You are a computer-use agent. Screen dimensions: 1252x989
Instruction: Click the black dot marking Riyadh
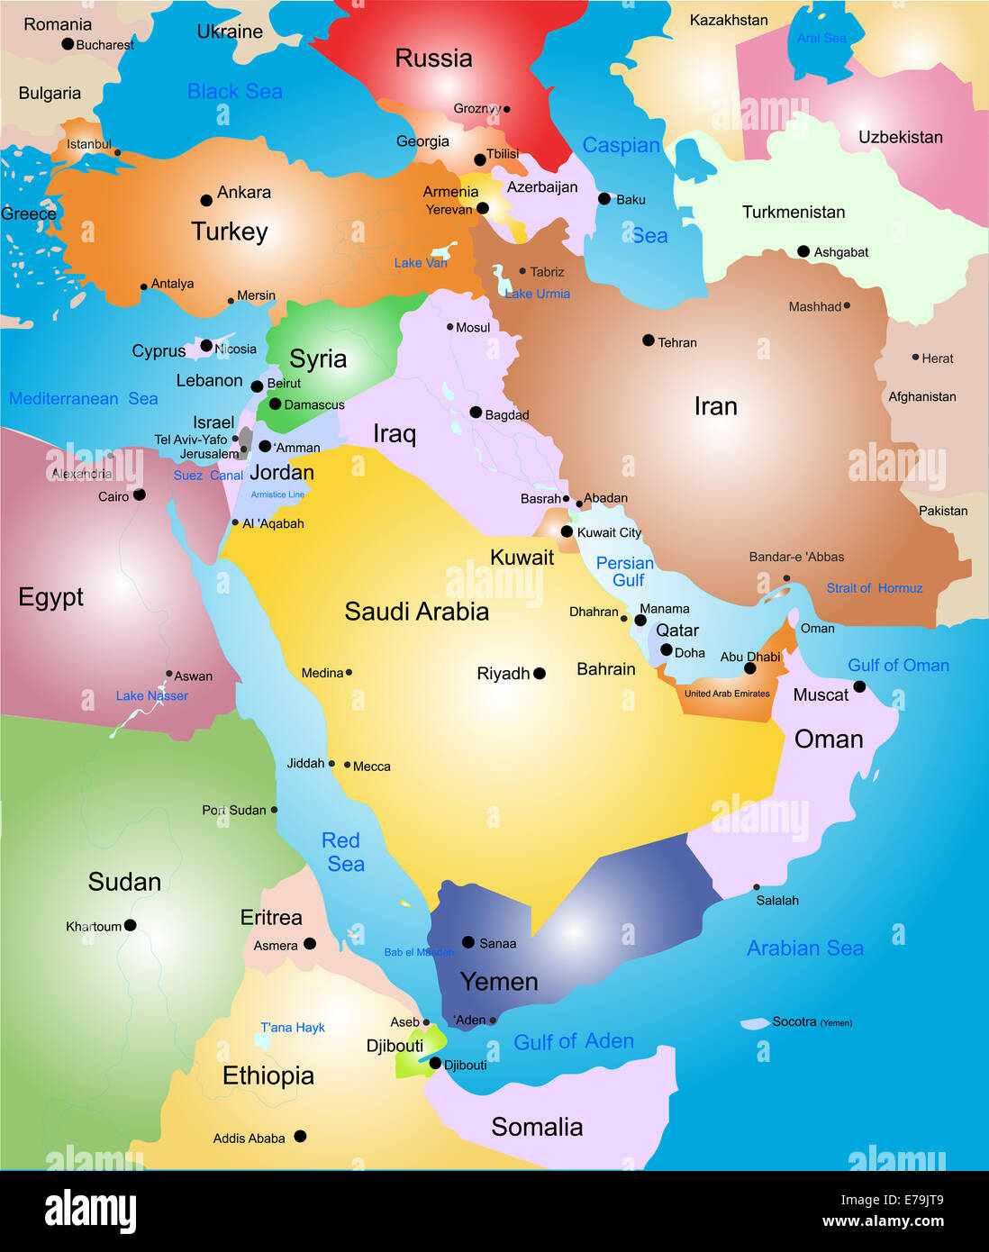click(540, 673)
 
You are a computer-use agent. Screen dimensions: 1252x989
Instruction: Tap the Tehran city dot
click(649, 340)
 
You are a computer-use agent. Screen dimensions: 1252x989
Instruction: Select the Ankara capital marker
click(206, 200)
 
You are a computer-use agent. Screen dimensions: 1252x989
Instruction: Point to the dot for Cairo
click(140, 494)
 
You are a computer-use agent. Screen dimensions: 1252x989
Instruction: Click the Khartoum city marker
click(131, 925)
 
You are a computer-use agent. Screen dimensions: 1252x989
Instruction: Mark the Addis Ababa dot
click(300, 1136)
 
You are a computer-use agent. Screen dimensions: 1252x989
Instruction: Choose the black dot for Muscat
click(859, 686)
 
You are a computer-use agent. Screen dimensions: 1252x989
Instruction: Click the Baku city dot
click(603, 198)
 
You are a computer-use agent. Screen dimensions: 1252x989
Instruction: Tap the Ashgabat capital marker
click(803, 251)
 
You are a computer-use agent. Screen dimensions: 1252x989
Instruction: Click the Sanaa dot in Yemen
click(468, 942)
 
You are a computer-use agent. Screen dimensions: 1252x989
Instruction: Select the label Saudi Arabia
click(416, 612)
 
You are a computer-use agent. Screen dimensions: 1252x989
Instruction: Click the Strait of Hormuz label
click(875, 588)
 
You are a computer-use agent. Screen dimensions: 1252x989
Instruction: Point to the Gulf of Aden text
click(574, 1041)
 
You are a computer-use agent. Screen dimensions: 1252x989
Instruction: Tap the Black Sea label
click(234, 91)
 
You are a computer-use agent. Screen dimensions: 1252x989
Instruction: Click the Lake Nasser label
click(152, 695)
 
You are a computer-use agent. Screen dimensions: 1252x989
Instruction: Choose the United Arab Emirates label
click(727, 694)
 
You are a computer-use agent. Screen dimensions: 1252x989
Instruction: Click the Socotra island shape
click(754, 1023)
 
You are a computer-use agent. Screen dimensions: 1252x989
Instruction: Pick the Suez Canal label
click(208, 476)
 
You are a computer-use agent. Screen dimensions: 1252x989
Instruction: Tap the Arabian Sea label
click(805, 948)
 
